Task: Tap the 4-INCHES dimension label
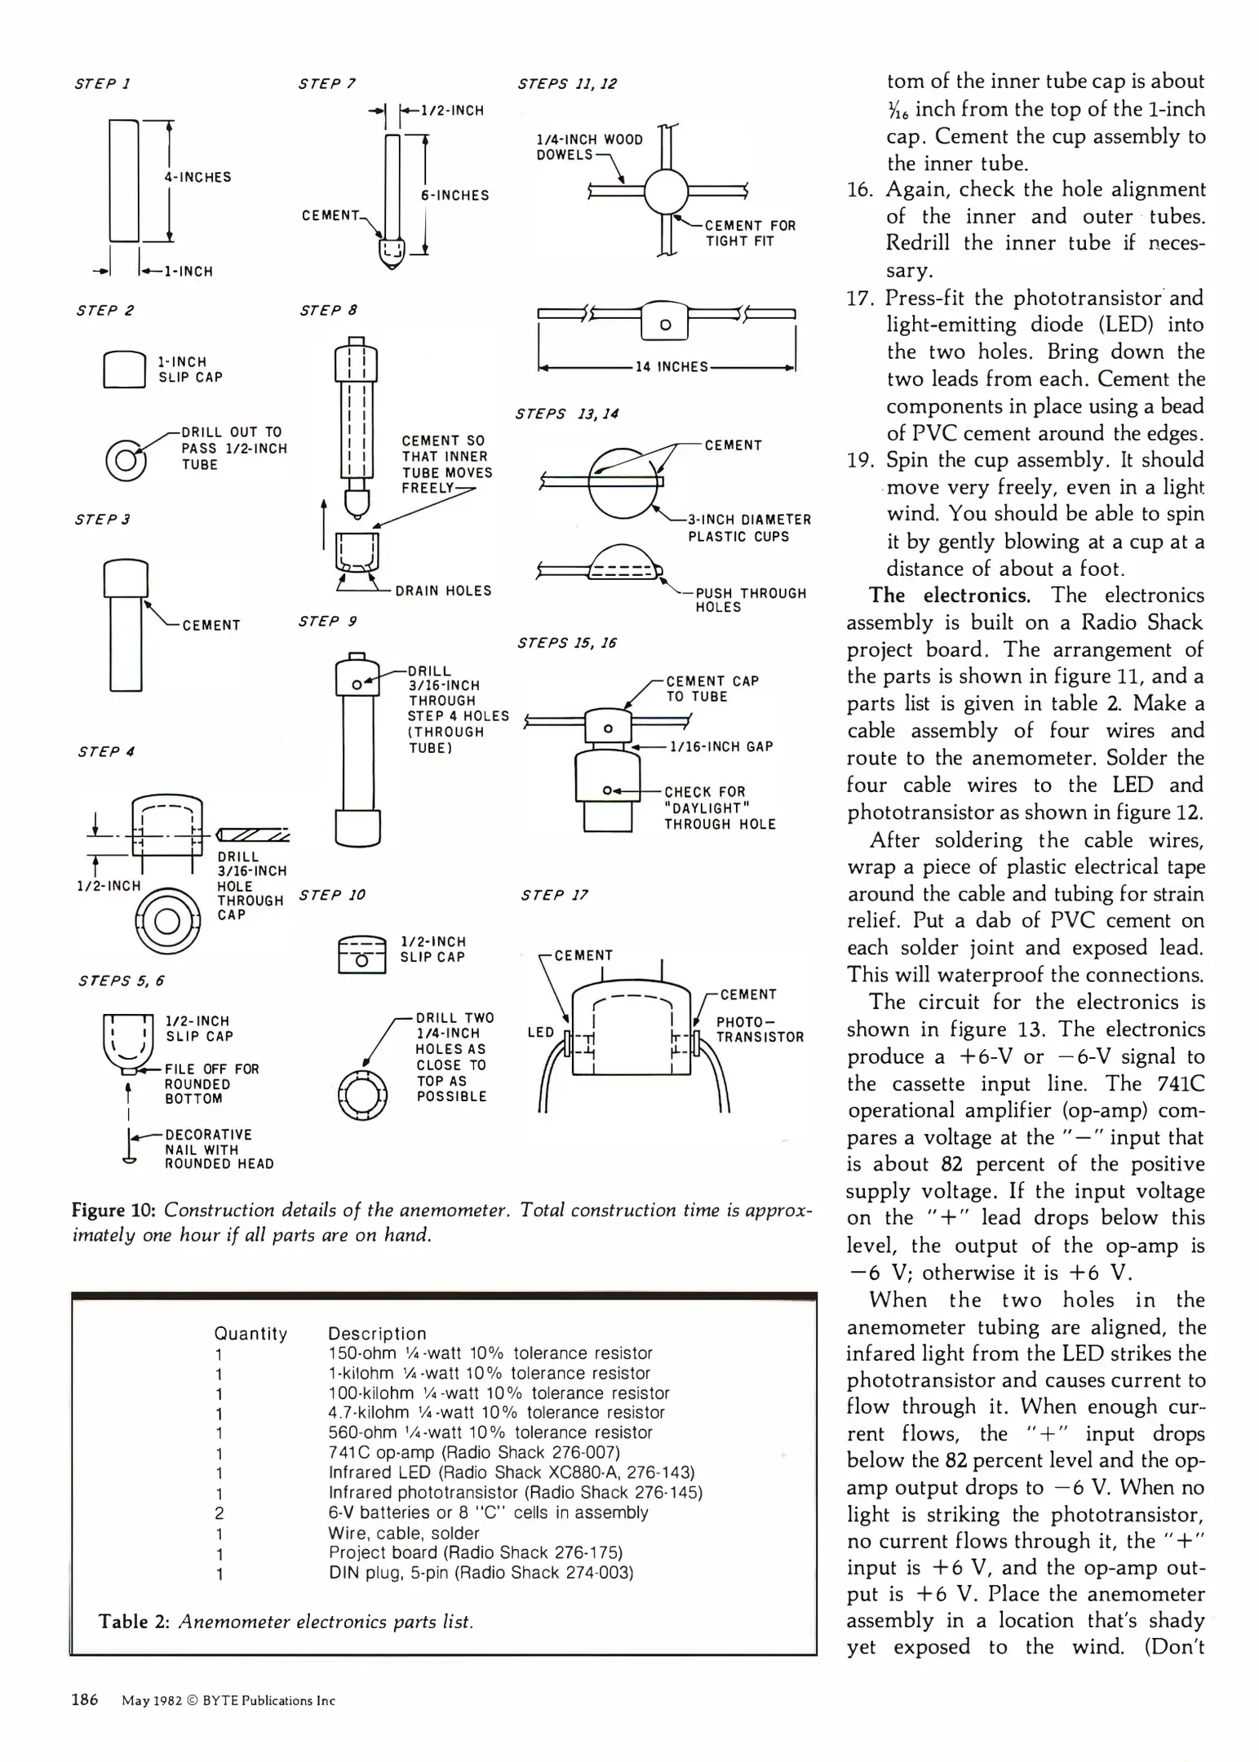coord(197,177)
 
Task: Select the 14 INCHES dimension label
coord(672,367)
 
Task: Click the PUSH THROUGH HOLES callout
coord(750,600)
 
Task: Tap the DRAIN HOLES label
coord(443,591)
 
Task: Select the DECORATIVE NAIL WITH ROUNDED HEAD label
coord(219,1149)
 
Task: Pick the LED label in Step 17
coord(541,1032)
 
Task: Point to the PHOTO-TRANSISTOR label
coord(760,1029)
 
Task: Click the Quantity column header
coord(250,1333)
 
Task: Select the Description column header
coord(377,1333)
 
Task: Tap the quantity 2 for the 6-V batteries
coord(219,1513)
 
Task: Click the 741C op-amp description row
coord(473,1453)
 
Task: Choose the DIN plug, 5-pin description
coord(481,1572)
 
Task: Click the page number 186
coord(85,1699)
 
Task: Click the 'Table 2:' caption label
coord(134,1621)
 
